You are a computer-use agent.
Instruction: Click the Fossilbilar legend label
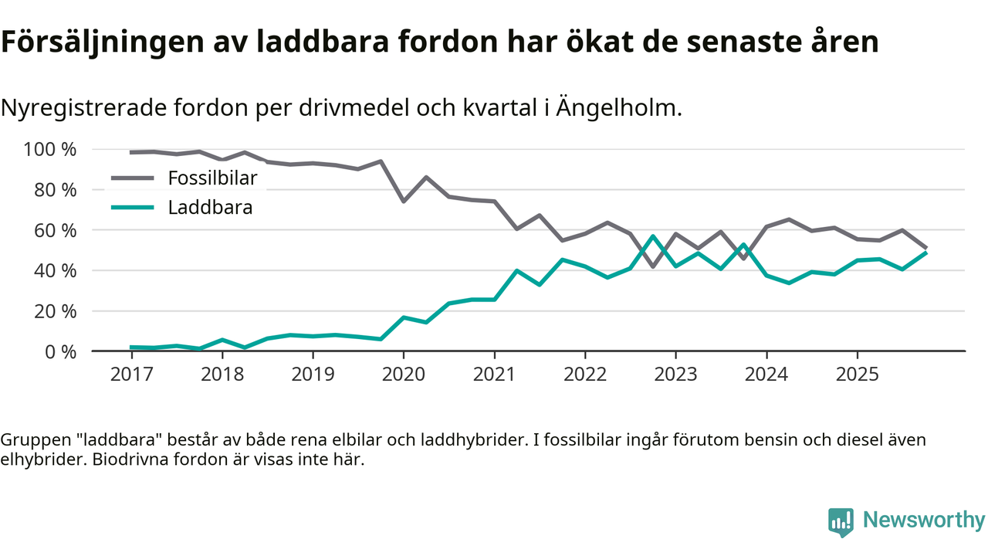[x=212, y=178]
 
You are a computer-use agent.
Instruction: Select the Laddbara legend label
[x=210, y=208]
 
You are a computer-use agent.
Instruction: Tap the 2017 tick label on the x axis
[x=131, y=374]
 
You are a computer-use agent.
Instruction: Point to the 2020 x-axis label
[x=404, y=374]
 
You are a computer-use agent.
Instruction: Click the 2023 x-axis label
[x=675, y=374]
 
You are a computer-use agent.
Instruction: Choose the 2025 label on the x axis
[x=857, y=374]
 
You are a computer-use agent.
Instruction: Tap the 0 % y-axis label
[x=60, y=351]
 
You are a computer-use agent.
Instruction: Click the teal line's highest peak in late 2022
[x=653, y=236]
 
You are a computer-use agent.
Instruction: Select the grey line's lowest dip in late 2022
[x=653, y=266]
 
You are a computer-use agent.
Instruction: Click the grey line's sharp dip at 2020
[x=404, y=201]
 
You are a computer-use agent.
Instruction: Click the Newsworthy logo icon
[x=841, y=522]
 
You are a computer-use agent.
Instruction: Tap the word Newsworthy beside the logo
[x=924, y=520]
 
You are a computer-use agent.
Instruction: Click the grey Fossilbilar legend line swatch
[x=133, y=178]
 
